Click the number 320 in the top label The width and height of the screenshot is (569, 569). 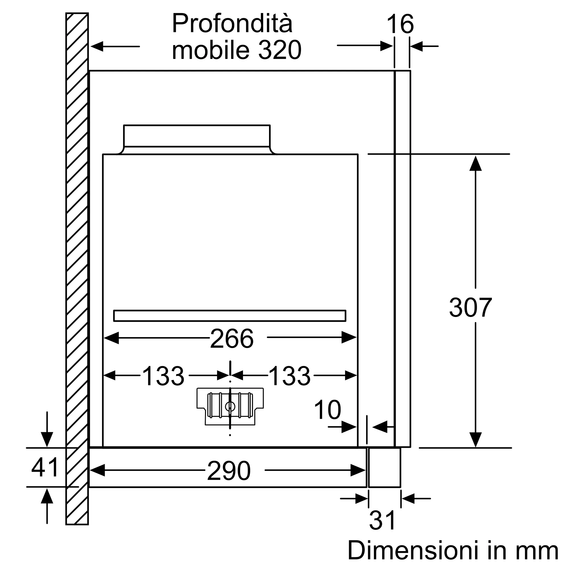(x=280, y=50)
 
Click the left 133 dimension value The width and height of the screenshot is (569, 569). (x=163, y=376)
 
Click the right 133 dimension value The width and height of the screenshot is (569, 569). (x=290, y=376)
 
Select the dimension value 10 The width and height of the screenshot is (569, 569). (x=327, y=410)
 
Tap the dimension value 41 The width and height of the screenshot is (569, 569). (x=45, y=468)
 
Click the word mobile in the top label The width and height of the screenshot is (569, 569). (x=211, y=50)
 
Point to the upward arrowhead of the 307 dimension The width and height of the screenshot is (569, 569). (x=475, y=164)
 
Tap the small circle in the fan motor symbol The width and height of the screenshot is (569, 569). (x=230, y=407)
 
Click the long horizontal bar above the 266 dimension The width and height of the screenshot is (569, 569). (x=230, y=316)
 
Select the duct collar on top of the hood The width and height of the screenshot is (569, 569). (x=197, y=136)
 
